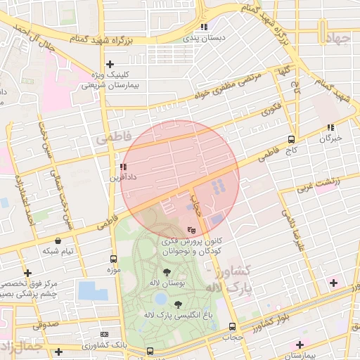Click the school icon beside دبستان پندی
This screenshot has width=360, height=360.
tap(204, 27)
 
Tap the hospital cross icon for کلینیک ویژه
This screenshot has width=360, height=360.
tap(110, 64)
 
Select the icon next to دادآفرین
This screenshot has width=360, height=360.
tap(124, 167)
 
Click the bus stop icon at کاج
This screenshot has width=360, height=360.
tap(292, 139)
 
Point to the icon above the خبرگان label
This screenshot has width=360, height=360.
tap(330, 127)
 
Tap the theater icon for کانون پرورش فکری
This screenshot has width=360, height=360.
tap(192, 229)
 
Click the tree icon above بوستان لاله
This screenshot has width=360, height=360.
tap(167, 272)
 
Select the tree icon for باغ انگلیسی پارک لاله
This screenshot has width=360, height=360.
tap(177, 304)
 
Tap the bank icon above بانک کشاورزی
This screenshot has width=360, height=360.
tap(105, 334)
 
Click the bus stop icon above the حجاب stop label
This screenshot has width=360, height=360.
tap(232, 326)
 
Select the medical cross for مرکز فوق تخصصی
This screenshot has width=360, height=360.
tap(27, 273)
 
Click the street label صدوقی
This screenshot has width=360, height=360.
tap(45, 324)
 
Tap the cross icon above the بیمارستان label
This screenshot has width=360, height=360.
tap(300, 345)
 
